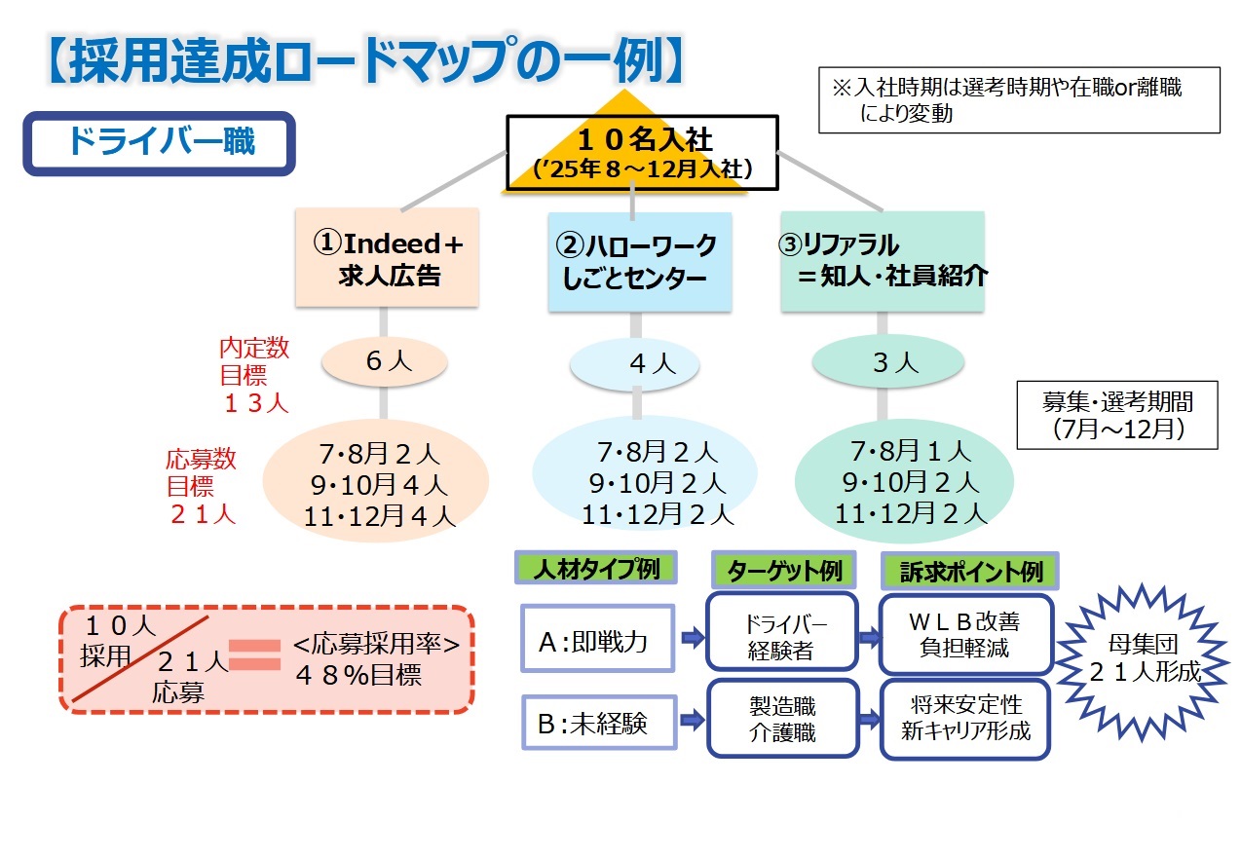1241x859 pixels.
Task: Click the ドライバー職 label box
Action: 159,143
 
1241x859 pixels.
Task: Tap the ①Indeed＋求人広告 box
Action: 388,258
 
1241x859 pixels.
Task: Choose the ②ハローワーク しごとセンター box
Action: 639,262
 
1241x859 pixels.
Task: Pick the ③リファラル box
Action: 883,261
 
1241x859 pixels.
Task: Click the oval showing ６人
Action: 386,361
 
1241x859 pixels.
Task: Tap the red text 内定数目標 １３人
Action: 253,376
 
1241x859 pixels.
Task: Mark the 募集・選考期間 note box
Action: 1116,414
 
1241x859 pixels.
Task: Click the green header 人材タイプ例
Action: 595,569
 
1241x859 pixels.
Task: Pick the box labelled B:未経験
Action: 598,722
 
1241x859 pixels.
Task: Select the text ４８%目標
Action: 361,675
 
